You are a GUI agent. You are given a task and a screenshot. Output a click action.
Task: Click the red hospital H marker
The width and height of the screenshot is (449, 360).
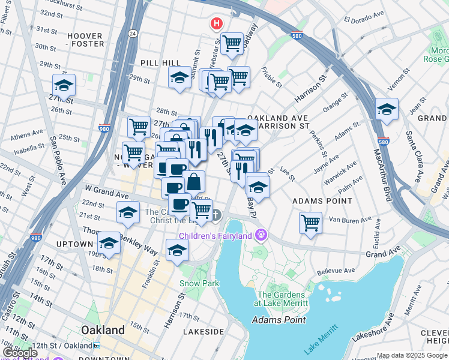tap(215, 24)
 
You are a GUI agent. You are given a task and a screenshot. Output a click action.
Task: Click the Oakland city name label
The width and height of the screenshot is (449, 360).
tap(103, 331)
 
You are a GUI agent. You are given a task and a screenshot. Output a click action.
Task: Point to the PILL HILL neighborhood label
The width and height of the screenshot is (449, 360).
tap(160, 62)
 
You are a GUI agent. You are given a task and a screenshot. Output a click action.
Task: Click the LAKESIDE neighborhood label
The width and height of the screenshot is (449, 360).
tap(203, 331)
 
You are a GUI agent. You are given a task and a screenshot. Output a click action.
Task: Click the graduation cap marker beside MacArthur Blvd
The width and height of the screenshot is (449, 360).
tap(387, 109)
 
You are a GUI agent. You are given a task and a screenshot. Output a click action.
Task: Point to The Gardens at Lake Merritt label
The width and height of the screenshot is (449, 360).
tap(282, 299)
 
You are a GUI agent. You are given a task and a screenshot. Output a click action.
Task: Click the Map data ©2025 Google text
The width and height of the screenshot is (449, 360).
tap(412, 355)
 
